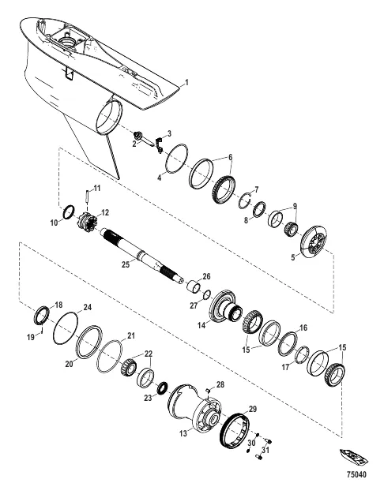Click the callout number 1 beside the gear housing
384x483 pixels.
tap(186, 83)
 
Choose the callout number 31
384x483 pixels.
tap(266, 451)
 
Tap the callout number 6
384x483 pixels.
tap(230, 158)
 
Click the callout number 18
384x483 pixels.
tap(58, 304)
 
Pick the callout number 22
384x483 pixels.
tap(147, 354)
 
